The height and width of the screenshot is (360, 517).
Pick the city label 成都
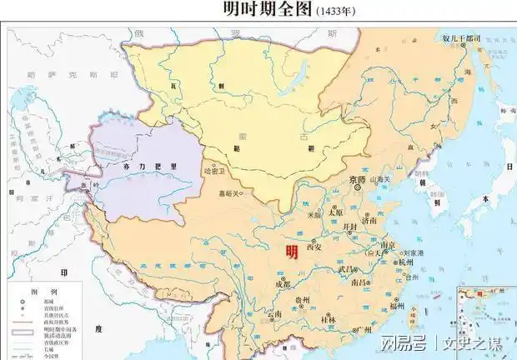(282, 285)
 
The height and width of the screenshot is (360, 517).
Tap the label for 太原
(335, 212)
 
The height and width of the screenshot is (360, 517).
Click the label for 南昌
(360, 283)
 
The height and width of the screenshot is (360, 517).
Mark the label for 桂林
(328, 320)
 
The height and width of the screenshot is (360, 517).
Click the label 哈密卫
(214, 171)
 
